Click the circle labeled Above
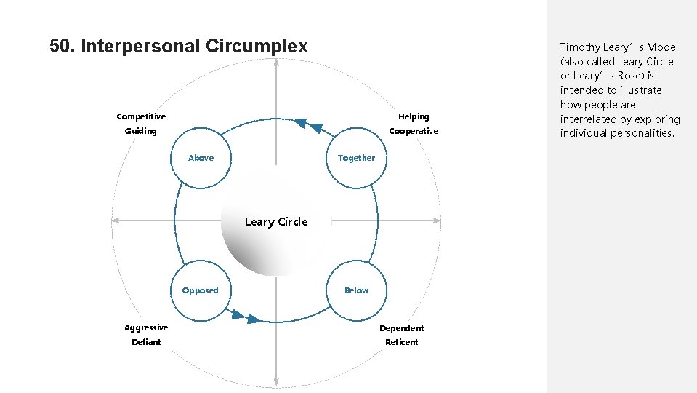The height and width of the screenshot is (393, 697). [201, 158]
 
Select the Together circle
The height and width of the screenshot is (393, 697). [356, 158]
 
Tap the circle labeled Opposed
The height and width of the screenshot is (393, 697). [200, 290]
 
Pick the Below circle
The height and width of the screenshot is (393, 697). [356, 290]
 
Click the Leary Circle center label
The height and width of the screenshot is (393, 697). [276, 222]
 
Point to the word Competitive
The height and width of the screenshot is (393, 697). [141, 116]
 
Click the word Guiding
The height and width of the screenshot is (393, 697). [140, 131]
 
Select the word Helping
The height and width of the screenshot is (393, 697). [414, 116]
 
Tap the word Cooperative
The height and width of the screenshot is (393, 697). [414, 131]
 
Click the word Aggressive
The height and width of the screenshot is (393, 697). [145, 327]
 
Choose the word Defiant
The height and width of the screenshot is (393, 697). [146, 342]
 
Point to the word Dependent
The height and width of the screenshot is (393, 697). [401, 328]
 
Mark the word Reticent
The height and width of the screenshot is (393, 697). [401, 342]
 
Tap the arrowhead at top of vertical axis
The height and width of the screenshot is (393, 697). [276, 63]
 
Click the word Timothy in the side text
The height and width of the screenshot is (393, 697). [580, 47]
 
